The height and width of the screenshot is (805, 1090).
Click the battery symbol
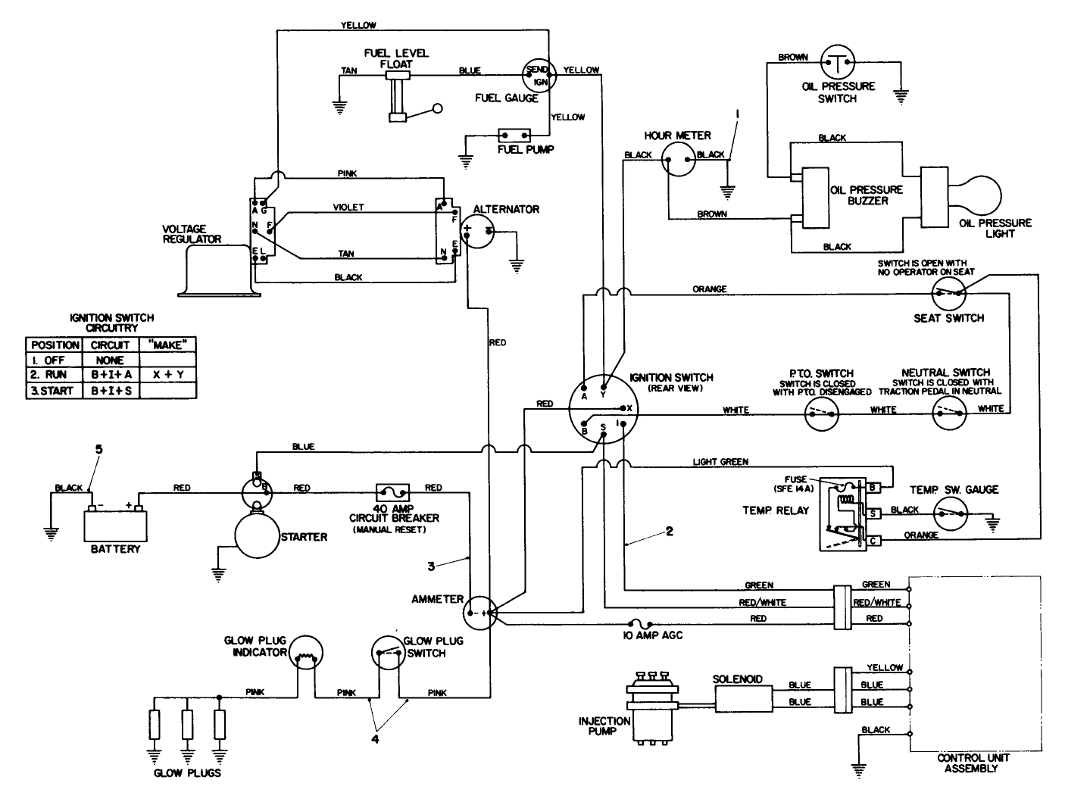(114, 522)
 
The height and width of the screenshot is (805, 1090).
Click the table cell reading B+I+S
(110, 391)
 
